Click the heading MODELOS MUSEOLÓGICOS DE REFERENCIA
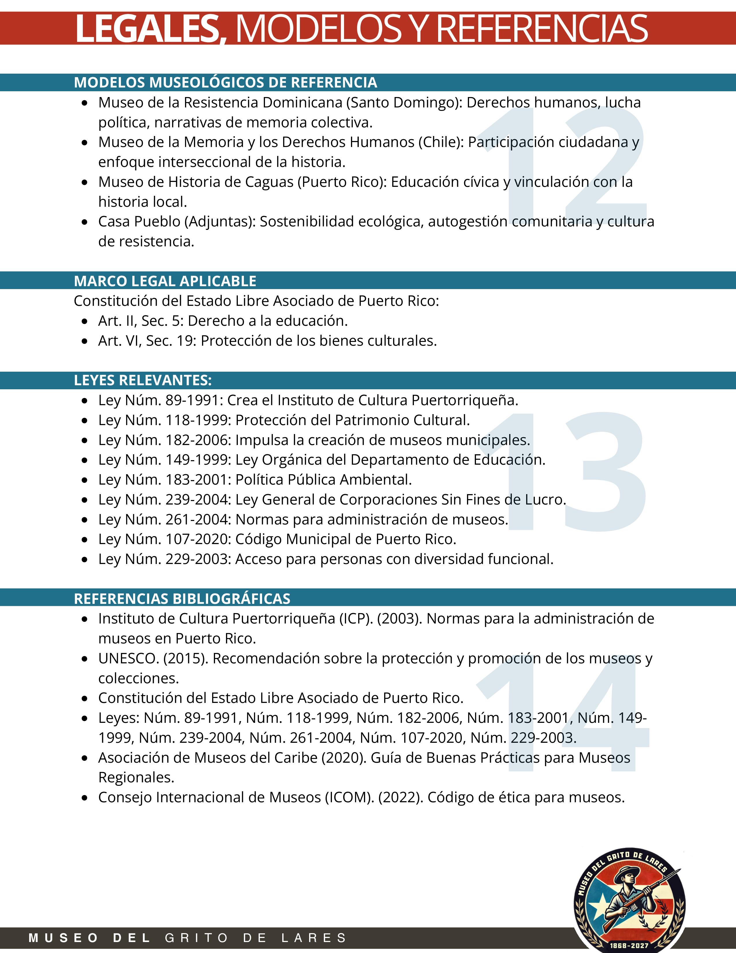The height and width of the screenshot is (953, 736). [x=225, y=83]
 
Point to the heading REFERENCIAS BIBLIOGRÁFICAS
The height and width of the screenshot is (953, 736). [x=182, y=599]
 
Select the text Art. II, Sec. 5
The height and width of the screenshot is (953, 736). [x=139, y=321]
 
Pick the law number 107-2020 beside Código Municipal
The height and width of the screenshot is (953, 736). [x=197, y=539]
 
